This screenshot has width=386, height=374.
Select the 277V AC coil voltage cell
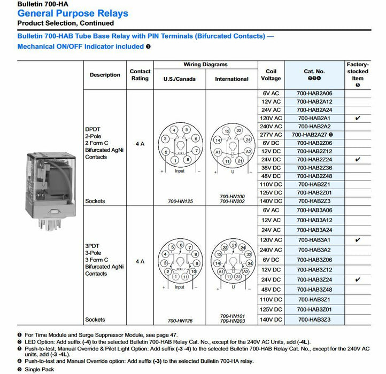[271, 135]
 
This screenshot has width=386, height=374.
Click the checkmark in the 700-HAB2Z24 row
[358, 160]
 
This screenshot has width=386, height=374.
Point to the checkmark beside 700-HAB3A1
[358, 240]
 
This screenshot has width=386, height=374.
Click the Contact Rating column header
[140, 75]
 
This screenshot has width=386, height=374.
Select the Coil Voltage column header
[271, 75]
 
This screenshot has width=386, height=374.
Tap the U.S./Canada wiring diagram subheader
[180, 79]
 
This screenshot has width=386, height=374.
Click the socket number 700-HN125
[180, 201]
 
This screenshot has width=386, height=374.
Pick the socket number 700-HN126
[180, 321]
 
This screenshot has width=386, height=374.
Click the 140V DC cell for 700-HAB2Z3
[271, 201]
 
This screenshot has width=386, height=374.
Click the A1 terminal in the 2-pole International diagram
[218, 152]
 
